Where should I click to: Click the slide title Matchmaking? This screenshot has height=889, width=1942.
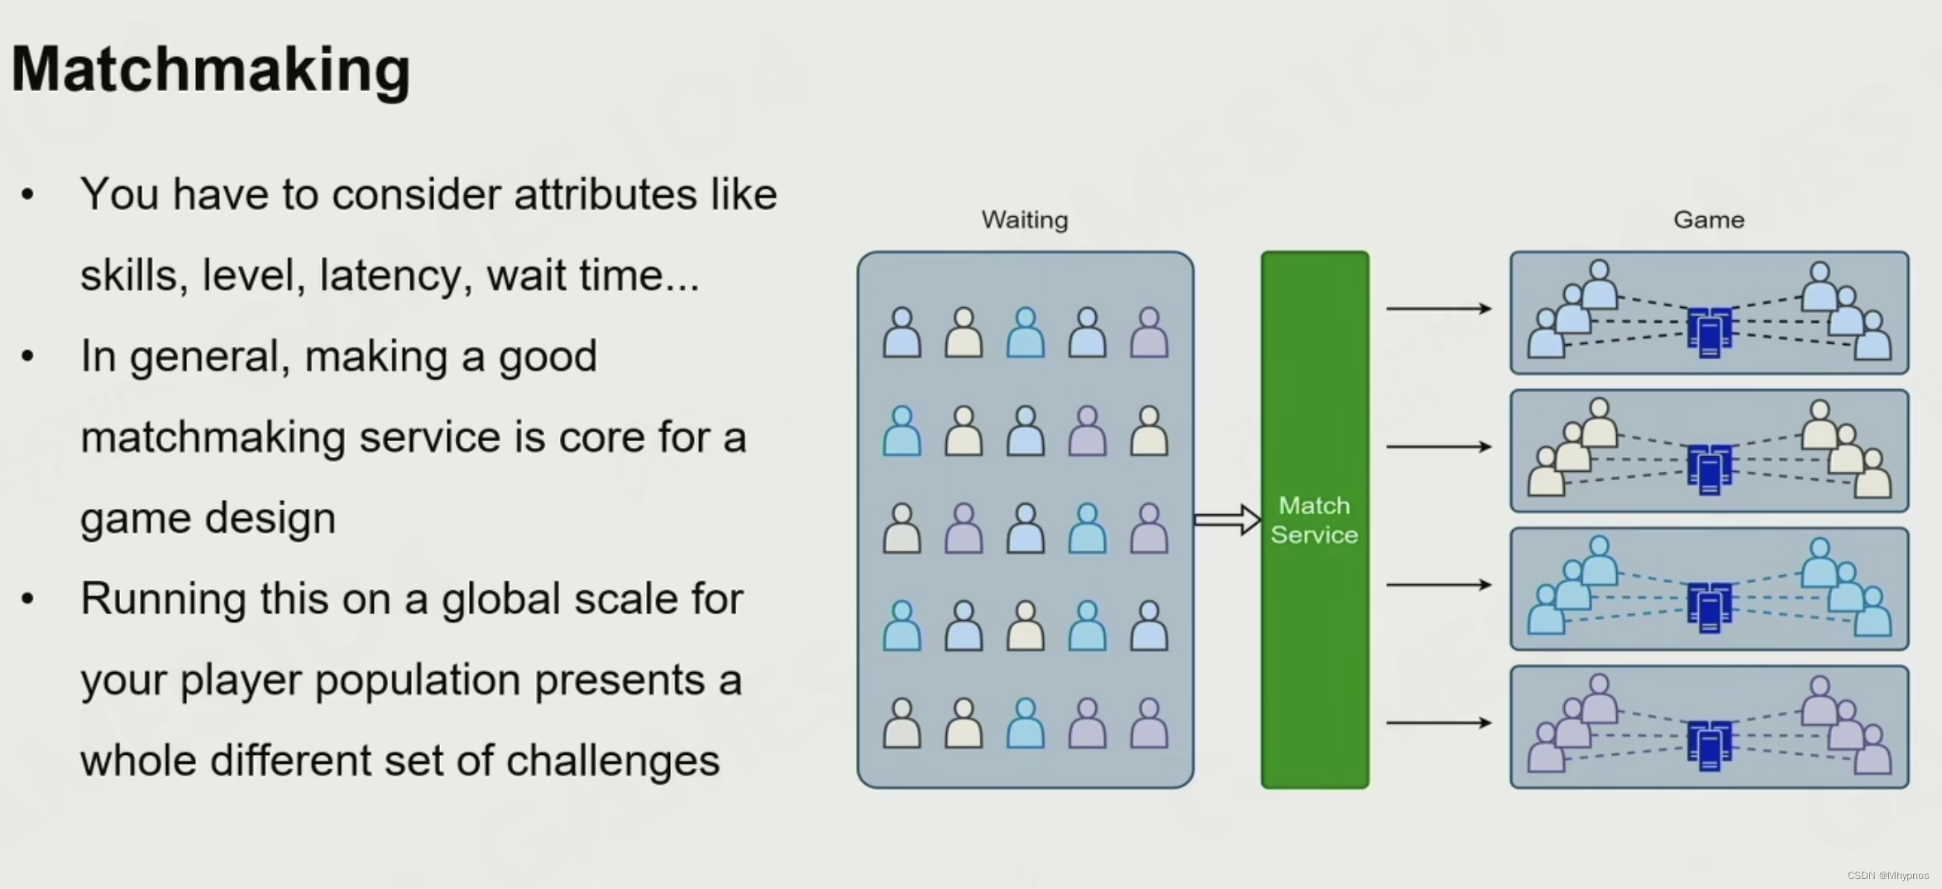[211, 70]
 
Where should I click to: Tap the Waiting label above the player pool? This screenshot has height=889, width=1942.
[1025, 220]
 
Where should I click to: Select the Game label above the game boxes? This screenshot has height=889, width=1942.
[1709, 220]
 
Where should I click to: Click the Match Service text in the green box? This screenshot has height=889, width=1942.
[1314, 521]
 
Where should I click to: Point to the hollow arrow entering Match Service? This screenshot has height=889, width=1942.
[1227, 520]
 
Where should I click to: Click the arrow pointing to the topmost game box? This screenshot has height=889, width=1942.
[1438, 309]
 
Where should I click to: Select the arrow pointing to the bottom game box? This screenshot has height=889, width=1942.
[1438, 723]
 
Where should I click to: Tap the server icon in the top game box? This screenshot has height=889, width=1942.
[1709, 331]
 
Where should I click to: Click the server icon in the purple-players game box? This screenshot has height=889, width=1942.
[1709, 745]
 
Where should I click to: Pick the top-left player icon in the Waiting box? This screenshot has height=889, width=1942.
[902, 333]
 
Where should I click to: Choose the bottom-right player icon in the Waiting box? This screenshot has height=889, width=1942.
[1149, 723]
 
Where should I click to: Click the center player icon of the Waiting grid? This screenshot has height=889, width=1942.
[1026, 528]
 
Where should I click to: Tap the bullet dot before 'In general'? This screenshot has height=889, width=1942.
[28, 357]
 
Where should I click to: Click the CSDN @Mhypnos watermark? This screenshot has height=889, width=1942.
[1887, 876]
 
